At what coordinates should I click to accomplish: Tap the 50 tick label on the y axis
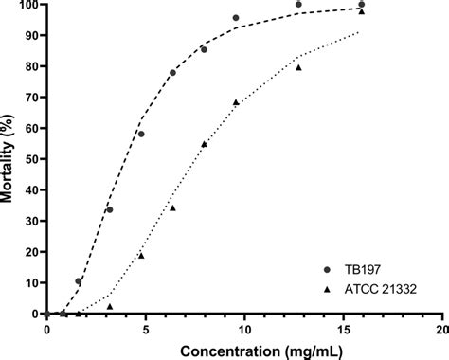(31, 159)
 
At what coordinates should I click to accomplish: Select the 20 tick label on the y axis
(31, 252)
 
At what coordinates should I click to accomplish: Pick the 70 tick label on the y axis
(31, 98)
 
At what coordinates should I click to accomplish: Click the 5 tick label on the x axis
(145, 329)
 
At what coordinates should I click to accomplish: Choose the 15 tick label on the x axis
(342, 329)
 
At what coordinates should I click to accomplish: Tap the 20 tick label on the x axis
(440, 329)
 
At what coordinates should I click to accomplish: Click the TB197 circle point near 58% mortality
(141, 134)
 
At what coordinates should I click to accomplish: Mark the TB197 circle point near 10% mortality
(79, 281)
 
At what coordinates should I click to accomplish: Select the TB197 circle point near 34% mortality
(110, 209)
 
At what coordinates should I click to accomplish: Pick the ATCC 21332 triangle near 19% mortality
(141, 255)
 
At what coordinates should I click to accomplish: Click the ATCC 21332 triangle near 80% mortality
(298, 67)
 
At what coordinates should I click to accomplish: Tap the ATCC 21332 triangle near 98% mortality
(361, 11)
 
